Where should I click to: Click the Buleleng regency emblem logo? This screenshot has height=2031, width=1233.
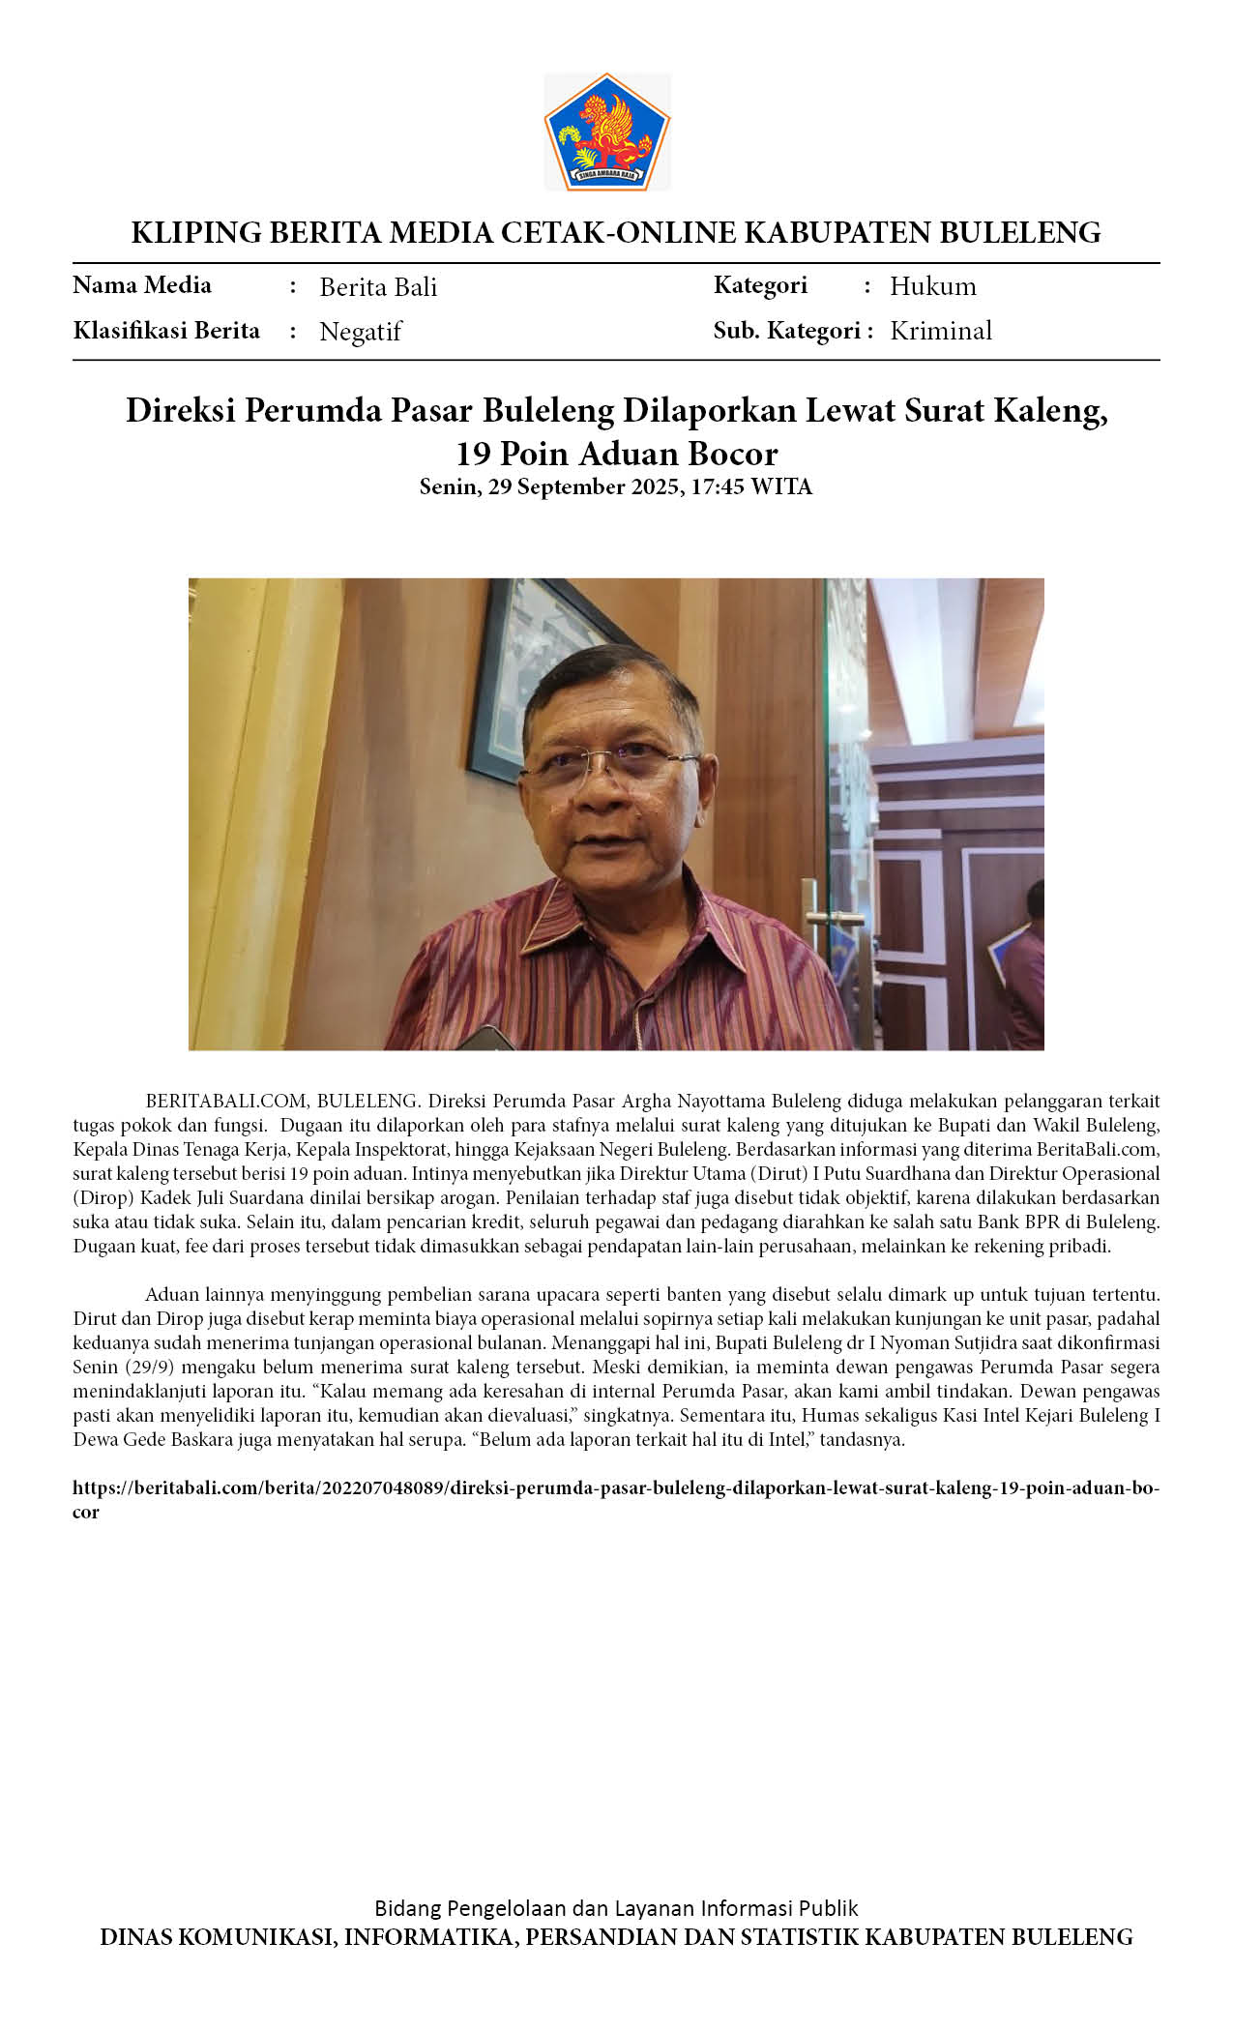tap(606, 131)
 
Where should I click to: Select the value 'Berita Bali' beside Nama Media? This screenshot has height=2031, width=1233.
tap(378, 287)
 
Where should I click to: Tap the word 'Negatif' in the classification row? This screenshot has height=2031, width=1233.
tap(360, 332)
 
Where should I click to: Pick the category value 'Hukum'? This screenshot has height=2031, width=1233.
tap(932, 286)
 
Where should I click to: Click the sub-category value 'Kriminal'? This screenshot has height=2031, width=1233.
tap(940, 331)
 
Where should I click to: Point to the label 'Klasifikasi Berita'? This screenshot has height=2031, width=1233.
tap(166, 331)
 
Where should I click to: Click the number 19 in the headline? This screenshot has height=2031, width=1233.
tap(473, 454)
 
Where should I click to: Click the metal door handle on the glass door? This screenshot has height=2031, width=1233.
tap(821, 914)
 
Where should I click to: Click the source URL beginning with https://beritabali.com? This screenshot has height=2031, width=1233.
tap(615, 1487)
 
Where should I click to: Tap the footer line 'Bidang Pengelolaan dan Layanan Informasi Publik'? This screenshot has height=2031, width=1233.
tap(616, 1908)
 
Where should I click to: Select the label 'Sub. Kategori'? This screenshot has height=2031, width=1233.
tap(786, 331)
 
